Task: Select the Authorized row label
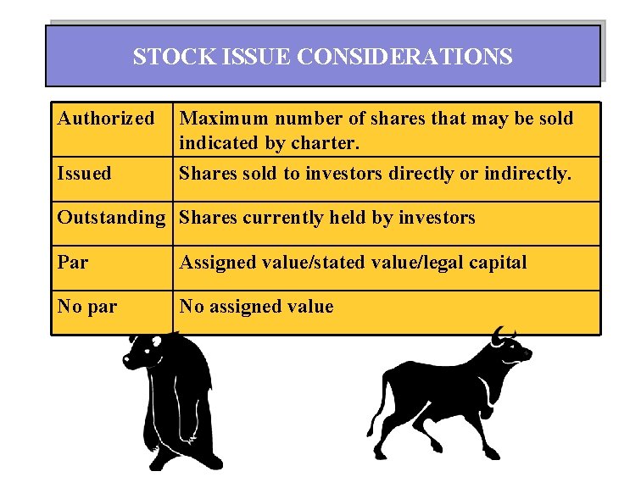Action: (106, 119)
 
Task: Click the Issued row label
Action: (84, 174)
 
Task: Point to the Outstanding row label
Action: (111, 218)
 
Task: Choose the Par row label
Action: (72, 263)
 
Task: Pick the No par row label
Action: (87, 307)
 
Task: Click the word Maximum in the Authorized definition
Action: (222, 119)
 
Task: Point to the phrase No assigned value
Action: (257, 307)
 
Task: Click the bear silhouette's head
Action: (146, 351)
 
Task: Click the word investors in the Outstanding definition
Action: (431, 218)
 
